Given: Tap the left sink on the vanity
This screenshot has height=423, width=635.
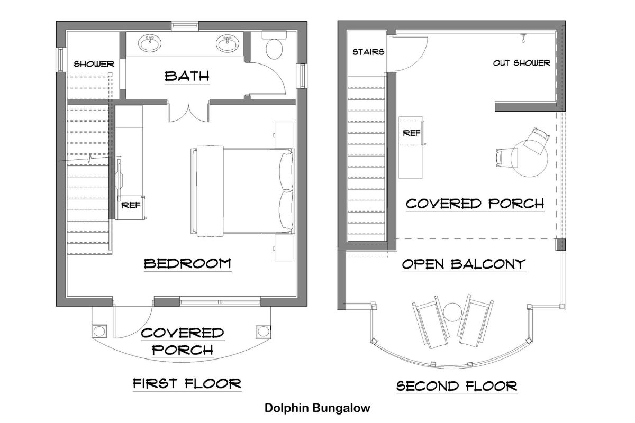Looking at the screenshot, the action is click(150, 43).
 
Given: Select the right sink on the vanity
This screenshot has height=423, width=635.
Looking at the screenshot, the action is click(228, 43).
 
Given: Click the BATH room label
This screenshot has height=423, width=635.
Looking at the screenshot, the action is click(187, 77).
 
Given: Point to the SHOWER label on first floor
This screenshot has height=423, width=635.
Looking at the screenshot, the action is click(94, 64).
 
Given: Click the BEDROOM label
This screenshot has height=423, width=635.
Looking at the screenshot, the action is click(187, 263).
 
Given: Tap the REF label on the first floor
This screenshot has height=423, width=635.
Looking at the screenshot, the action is click(131, 205).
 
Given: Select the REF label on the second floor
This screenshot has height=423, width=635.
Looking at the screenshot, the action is click(412, 133).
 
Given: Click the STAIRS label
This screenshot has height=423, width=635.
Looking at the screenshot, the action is click(368, 52).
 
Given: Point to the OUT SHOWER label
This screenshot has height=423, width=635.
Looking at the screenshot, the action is click(522, 63).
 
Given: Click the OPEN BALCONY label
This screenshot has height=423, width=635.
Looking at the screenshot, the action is click(464, 264).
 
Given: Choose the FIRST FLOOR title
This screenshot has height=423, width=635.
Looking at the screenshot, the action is click(187, 384).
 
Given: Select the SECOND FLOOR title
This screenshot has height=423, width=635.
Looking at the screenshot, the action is click(457, 386).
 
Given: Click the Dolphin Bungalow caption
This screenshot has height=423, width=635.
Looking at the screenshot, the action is click(317, 408).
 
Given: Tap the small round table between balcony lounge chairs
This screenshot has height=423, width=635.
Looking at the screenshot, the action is click(453, 312).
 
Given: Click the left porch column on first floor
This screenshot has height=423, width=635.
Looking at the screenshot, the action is click(99, 331).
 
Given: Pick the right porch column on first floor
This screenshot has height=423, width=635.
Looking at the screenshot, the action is click(263, 331).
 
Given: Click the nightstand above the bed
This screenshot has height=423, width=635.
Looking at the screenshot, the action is click(284, 135).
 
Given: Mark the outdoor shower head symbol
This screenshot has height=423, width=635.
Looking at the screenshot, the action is click(523, 38).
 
